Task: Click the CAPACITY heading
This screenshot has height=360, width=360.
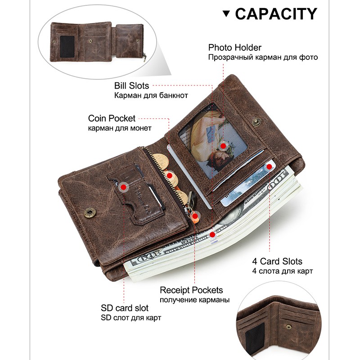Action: pos(276,13)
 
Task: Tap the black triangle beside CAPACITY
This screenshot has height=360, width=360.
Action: pos(227,14)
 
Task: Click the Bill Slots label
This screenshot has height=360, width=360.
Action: pos(131,85)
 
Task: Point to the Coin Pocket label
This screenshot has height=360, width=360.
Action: pos(112,118)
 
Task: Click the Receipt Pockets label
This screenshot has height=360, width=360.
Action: pos(191,290)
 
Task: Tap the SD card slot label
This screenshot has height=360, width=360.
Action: pos(125,308)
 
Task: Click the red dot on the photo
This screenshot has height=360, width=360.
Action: pos(223,146)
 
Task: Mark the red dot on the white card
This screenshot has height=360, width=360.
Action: pos(269,167)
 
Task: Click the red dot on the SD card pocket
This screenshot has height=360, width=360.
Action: pos(123,185)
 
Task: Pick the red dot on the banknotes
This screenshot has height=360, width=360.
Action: pos(212,234)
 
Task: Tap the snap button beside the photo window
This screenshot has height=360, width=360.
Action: pos(256,121)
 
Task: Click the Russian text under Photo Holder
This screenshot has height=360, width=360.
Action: pos(263,57)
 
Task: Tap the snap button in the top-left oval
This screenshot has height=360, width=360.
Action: pos(91,40)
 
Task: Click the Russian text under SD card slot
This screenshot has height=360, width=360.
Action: pos(131,318)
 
